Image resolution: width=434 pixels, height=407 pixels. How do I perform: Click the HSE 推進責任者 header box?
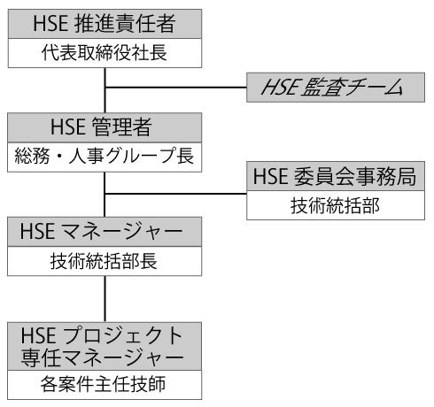click(x=105, y=24)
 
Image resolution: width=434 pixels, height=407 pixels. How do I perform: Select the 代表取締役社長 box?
click(x=105, y=53)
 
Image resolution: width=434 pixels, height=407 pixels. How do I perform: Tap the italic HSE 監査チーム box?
click(x=336, y=88)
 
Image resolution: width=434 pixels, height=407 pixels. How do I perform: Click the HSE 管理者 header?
click(x=105, y=127)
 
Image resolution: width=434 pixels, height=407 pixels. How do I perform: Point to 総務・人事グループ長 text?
click(x=105, y=156)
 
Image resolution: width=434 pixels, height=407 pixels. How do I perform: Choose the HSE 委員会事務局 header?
click(x=336, y=176)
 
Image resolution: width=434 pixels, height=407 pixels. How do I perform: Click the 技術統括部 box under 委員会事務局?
click(x=336, y=205)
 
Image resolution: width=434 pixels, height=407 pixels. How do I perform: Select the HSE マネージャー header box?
click(x=105, y=232)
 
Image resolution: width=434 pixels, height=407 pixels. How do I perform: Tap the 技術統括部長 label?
click(x=104, y=261)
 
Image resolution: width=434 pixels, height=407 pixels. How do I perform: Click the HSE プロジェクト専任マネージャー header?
click(x=105, y=346)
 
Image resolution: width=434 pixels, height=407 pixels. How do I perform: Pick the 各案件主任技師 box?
click(x=105, y=385)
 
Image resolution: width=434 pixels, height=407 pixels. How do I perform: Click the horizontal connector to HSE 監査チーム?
click(x=176, y=88)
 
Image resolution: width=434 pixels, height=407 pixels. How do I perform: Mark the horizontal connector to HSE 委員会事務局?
click(x=176, y=194)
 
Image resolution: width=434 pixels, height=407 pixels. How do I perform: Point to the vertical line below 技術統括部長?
click(x=105, y=299)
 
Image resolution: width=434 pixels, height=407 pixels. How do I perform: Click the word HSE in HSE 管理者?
click(x=68, y=127)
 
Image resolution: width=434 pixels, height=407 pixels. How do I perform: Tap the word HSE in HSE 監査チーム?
click(x=281, y=88)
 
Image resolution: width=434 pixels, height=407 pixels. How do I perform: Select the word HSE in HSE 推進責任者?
click(x=50, y=24)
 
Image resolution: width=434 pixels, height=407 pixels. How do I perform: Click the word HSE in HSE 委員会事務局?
click(x=271, y=176)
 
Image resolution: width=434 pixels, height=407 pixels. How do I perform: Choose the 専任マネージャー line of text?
click(x=102, y=357)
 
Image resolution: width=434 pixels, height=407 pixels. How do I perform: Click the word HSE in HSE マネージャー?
click(x=37, y=232)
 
